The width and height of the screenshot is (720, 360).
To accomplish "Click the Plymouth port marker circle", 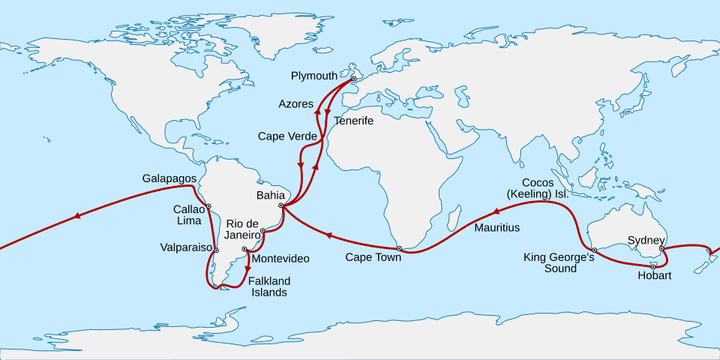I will click(353, 79).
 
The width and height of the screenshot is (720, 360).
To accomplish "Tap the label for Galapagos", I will click(169, 178).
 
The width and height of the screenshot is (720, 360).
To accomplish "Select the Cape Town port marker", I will click(399, 248).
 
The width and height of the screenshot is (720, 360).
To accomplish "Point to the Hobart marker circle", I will click(653, 266).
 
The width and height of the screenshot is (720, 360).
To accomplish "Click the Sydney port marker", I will click(661, 248).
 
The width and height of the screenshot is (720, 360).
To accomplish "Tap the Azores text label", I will click(295, 103).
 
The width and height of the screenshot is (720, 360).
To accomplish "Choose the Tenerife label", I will click(353, 120).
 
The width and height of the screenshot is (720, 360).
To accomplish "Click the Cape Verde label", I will click(287, 136).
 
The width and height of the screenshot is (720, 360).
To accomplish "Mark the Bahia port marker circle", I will click(280, 205).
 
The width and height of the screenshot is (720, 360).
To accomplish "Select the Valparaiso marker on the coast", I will click(216, 250).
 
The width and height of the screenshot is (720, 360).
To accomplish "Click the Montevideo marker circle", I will click(244, 249).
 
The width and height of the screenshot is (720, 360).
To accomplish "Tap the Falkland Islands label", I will click(268, 286).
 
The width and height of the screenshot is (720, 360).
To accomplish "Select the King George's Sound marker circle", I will click(593, 250).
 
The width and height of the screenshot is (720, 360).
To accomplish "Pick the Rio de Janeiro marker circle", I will click(262, 231).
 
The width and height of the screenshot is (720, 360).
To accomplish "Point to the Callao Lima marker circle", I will click(208, 205).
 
